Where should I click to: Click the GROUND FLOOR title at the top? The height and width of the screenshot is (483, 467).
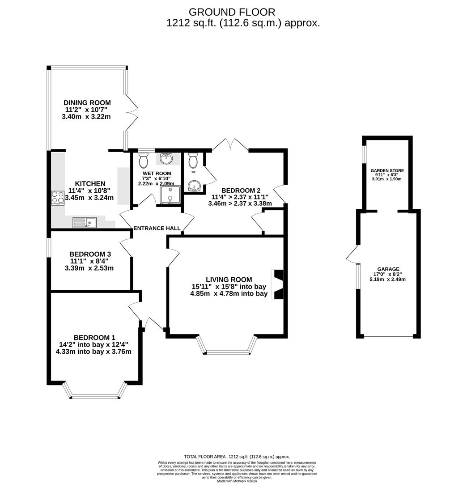[x=232, y=12]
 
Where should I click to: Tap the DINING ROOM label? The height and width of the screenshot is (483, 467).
[x=87, y=103]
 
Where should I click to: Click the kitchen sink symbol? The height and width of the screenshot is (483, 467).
[x=84, y=221]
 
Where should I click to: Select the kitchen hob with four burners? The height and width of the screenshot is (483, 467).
[x=58, y=198]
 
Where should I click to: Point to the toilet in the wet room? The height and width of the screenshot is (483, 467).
[x=144, y=160]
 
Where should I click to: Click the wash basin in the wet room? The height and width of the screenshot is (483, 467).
[x=166, y=158]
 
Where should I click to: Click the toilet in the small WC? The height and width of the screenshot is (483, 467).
[x=193, y=160]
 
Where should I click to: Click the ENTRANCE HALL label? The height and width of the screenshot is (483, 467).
[x=157, y=229]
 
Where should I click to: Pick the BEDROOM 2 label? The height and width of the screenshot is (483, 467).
[x=240, y=190]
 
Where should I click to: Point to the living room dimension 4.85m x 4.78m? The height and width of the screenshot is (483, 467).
[x=229, y=294]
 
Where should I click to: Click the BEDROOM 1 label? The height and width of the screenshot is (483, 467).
[x=94, y=338]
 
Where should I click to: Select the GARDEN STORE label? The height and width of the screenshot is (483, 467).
[x=387, y=171]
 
